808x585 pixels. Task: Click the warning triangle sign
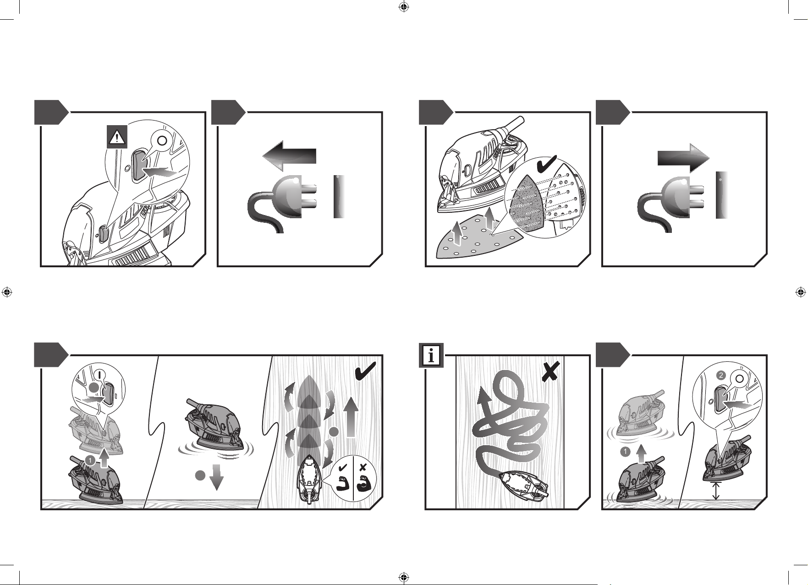[117, 138]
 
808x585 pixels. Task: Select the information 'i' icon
[432, 356]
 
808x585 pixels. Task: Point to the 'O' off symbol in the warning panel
[161, 140]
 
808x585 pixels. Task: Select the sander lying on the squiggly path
[524, 484]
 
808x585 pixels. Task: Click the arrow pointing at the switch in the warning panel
[159, 172]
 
